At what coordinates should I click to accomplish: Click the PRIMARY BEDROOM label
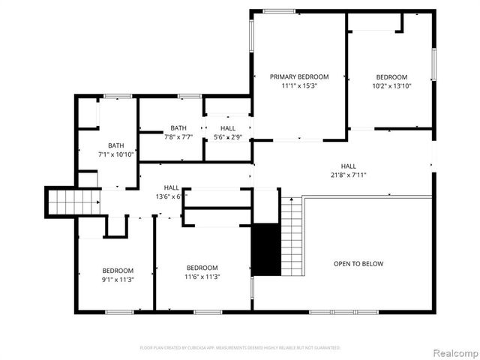click(x=299, y=76)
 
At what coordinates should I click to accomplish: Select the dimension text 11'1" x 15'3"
click(x=299, y=85)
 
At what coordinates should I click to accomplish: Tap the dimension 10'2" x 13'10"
click(x=391, y=85)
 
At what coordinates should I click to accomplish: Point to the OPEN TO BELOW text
click(x=358, y=263)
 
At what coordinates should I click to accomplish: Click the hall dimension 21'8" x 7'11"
click(x=349, y=175)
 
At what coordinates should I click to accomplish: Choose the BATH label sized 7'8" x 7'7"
click(x=178, y=128)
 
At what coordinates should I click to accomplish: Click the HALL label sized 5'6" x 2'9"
click(x=228, y=128)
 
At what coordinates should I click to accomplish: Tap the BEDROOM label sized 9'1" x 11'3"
click(x=118, y=271)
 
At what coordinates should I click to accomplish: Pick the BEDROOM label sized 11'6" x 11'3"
click(x=202, y=268)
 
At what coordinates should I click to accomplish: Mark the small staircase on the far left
click(x=63, y=202)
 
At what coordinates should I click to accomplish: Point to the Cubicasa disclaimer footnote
click(x=240, y=348)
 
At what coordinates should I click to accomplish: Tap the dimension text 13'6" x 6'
click(x=172, y=196)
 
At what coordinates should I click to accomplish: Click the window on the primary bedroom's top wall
click(x=273, y=10)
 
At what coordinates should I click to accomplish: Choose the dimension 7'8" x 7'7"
click(x=178, y=137)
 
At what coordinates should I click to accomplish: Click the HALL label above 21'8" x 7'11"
click(x=349, y=166)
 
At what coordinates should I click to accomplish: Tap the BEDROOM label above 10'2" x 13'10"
click(x=391, y=76)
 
